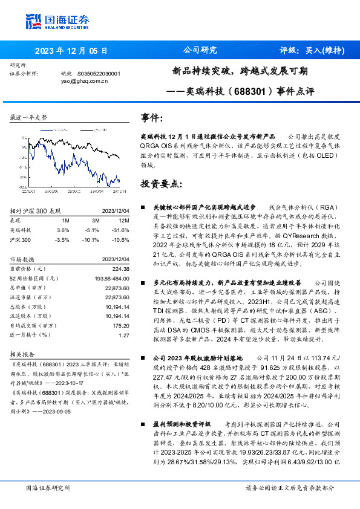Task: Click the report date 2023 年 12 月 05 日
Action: pos(71,51)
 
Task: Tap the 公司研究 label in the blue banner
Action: pos(200,50)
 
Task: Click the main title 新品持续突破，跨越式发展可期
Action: pos(240,71)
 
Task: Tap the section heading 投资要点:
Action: pos(161,183)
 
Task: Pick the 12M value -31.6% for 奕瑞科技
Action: pos(121,230)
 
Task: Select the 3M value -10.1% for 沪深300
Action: pos(93,239)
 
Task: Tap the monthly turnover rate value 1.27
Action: pos(124,335)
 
